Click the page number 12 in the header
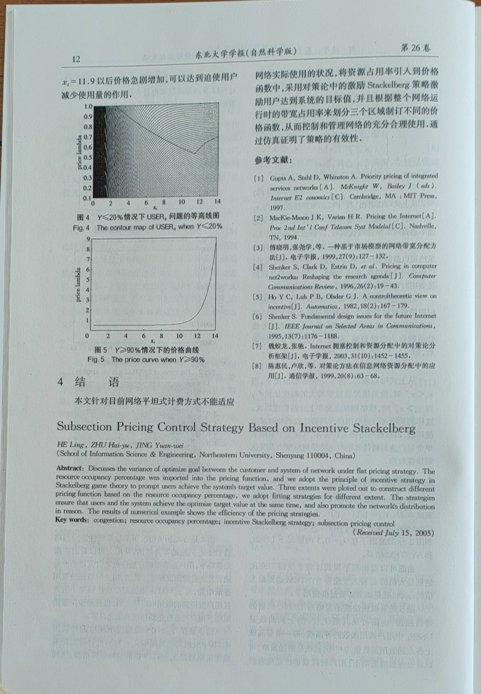pyautogui.click(x=76, y=59)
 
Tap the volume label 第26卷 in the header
pyautogui.click(x=415, y=48)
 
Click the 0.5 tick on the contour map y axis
pyautogui.click(x=88, y=157)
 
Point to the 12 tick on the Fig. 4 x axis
pyautogui.click(x=200, y=202)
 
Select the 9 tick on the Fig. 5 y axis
pyautogui.click(x=88, y=239)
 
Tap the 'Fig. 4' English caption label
pyautogui.click(x=81, y=227)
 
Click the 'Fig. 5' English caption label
pyautogui.click(x=96, y=359)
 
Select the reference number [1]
pyautogui.click(x=259, y=178)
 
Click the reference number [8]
pyautogui.click(x=258, y=366)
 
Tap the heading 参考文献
pyautogui.click(x=273, y=160)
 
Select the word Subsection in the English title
pyautogui.click(x=84, y=426)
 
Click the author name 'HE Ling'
pyautogui.click(x=71, y=444)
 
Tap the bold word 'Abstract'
pyautogui.click(x=69, y=468)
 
